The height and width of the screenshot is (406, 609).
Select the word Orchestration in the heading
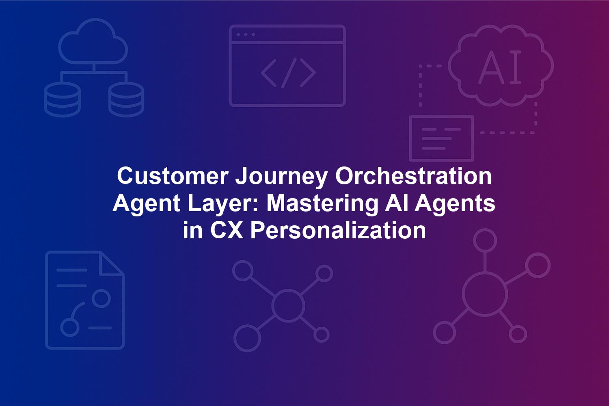click(413, 176)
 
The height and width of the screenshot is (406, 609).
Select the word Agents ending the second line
click(455, 205)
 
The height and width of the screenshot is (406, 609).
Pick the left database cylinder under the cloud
click(62, 99)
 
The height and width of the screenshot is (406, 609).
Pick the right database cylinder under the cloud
click(126, 99)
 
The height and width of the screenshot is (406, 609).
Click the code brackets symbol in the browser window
click(288, 73)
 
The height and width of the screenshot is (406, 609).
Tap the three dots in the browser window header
click(246, 35)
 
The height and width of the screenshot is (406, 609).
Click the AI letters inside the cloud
click(500, 67)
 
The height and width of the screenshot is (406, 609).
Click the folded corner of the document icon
click(112, 263)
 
